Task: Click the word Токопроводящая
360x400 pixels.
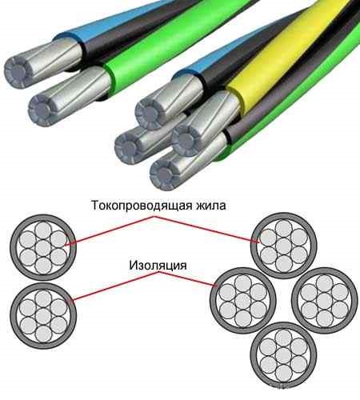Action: pyautogui.click(x=142, y=206)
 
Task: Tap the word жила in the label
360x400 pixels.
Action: pyautogui.click(x=211, y=206)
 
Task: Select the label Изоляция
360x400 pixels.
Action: pyautogui.click(x=158, y=266)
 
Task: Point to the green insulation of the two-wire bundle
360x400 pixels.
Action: pyautogui.click(x=170, y=46)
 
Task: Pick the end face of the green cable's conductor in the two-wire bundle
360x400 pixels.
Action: pyautogui.click(x=42, y=110)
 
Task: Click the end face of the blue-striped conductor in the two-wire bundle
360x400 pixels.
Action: pyautogui.click(x=18, y=72)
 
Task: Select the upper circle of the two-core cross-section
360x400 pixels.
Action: pyautogui.click(x=43, y=247)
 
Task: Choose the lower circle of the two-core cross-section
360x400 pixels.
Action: pyautogui.click(x=43, y=316)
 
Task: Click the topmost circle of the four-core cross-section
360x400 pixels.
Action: pyautogui.click(x=283, y=246)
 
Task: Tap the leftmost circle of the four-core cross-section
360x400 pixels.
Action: pyautogui.click(x=242, y=300)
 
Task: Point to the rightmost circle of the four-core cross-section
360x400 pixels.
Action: pyautogui.click(x=324, y=300)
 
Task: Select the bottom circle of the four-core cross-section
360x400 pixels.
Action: pyautogui.click(x=283, y=354)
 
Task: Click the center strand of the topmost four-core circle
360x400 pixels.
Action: pyautogui.click(x=283, y=246)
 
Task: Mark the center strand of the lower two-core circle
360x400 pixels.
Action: pyautogui.click(x=43, y=316)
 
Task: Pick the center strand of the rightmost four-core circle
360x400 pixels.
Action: pyautogui.click(x=324, y=300)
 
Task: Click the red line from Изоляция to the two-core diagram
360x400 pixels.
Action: pyautogui.click(x=115, y=286)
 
